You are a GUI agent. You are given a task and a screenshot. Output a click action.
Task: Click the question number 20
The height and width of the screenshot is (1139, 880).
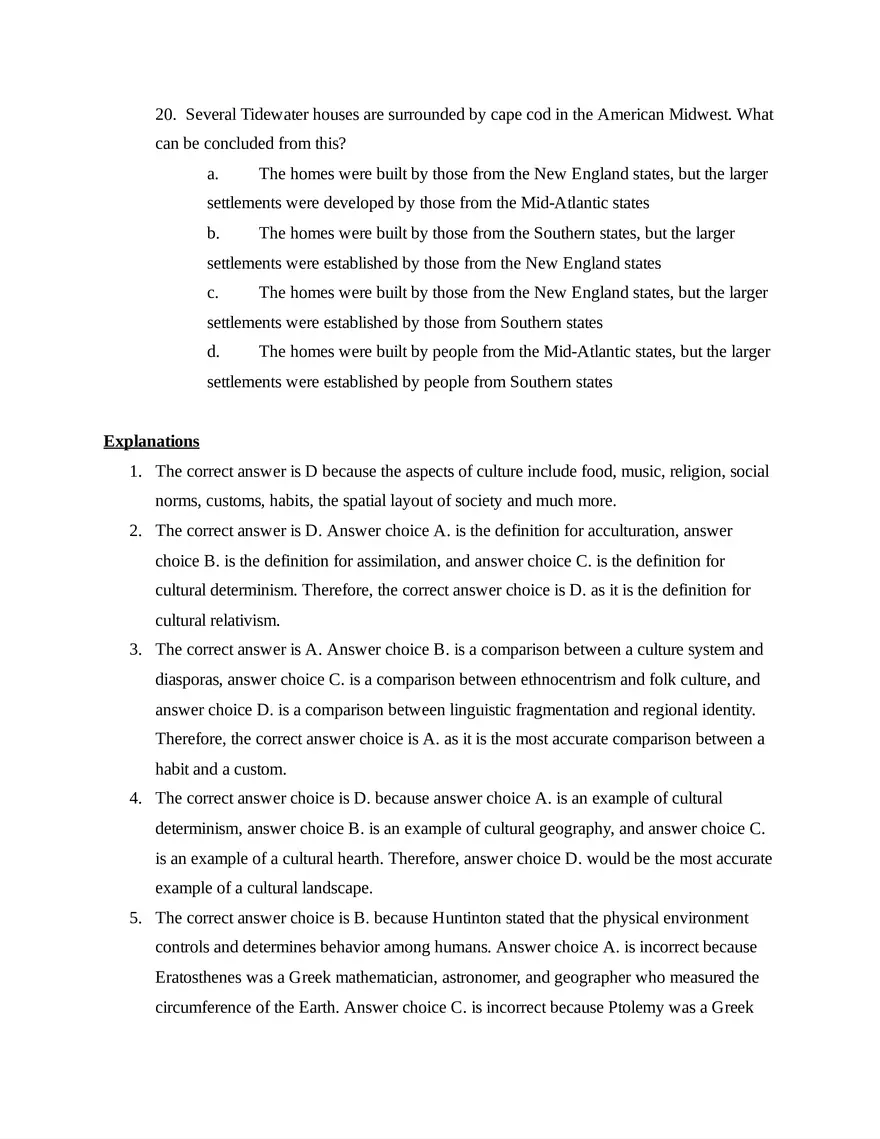pos(165,115)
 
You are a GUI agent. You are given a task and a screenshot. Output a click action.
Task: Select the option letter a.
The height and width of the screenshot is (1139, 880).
pos(213,174)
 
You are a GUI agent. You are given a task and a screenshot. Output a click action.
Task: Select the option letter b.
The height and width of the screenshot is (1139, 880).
pos(213,233)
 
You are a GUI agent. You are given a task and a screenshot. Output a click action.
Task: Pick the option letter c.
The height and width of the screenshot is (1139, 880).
pos(213,293)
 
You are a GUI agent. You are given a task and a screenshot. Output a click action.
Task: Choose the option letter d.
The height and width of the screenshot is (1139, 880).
pos(213,352)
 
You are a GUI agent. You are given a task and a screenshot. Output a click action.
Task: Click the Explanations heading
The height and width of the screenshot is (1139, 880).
pos(151,442)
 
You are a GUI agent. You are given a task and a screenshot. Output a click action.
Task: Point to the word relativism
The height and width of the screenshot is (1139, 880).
pos(247,620)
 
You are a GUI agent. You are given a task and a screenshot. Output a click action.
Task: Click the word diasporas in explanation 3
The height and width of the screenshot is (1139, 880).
pos(188,680)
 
